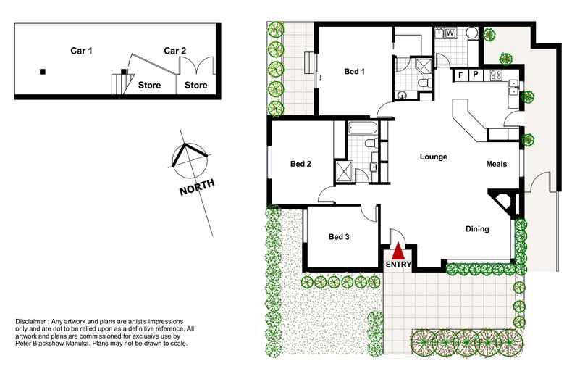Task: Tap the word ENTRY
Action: click(398, 265)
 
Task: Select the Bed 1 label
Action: click(354, 71)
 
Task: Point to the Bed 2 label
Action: click(300, 164)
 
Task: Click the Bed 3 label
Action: click(339, 237)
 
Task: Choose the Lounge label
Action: click(433, 157)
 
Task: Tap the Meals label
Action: click(496, 164)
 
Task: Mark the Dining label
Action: click(476, 229)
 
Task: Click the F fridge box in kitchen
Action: click(460, 75)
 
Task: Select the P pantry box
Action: click(475, 75)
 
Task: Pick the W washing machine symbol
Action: click(450, 33)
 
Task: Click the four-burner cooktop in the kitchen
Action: click(497, 74)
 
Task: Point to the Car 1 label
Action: click(81, 51)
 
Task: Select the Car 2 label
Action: click(175, 51)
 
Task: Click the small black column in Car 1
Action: click(43, 71)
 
